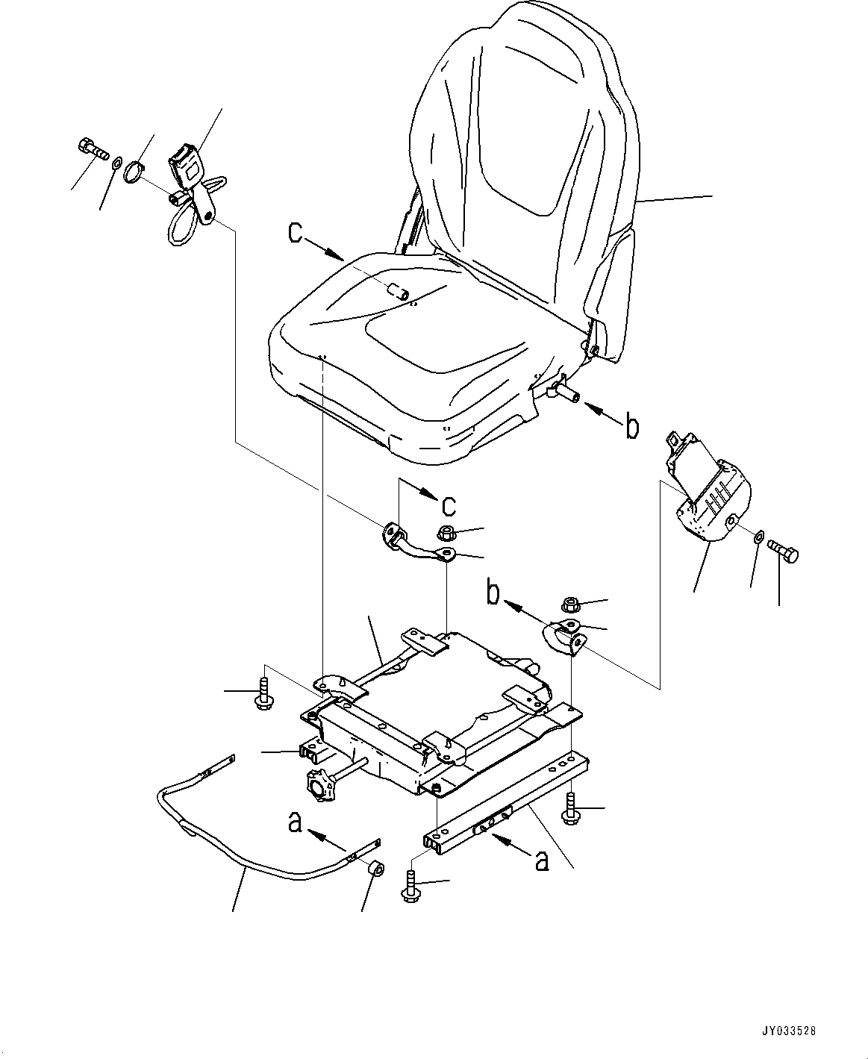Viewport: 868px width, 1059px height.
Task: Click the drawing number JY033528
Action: [x=788, y=1031]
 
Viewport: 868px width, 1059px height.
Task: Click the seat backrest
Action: [x=522, y=149]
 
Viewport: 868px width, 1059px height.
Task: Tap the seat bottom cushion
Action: [x=403, y=351]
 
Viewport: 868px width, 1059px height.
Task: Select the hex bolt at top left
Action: [x=90, y=149]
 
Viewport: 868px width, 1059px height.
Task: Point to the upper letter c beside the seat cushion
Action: [x=296, y=233]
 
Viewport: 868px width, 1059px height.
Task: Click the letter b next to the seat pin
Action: [x=631, y=427]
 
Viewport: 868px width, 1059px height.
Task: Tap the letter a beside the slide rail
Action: [x=543, y=861]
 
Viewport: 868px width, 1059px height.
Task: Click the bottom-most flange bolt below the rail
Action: [x=410, y=887]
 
